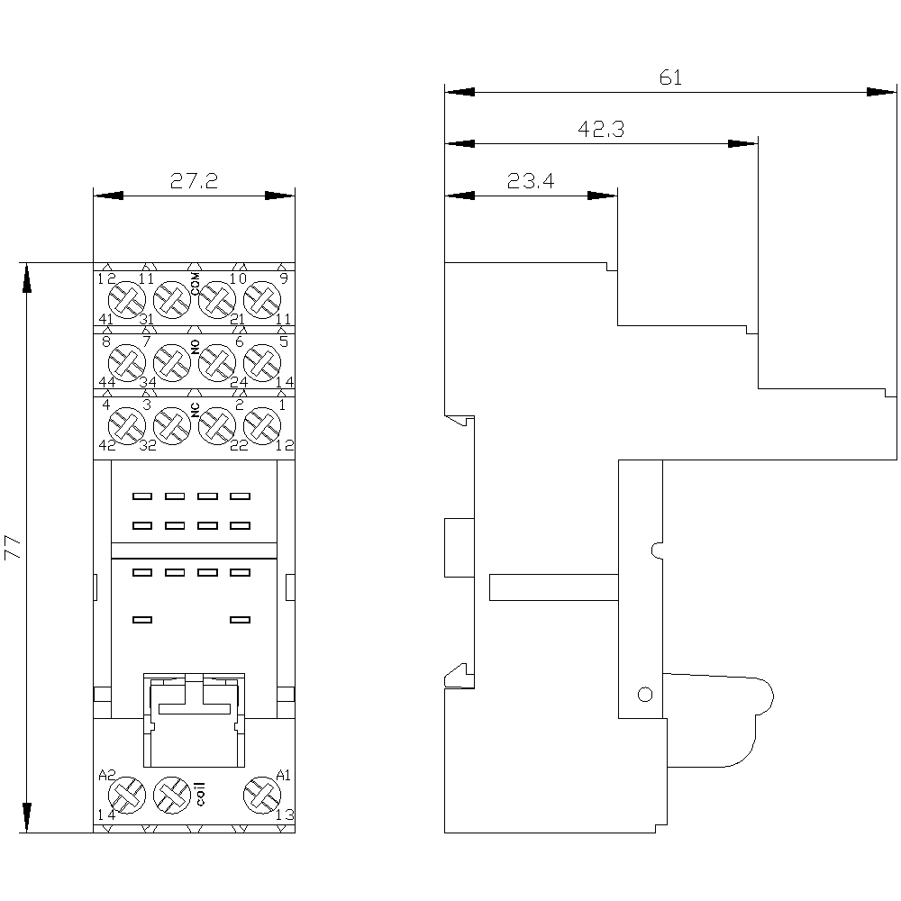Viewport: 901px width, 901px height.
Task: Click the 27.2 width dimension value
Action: click(x=195, y=181)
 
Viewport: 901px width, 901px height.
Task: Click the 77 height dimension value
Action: click(x=13, y=548)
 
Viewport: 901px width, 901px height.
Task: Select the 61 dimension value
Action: click(x=670, y=77)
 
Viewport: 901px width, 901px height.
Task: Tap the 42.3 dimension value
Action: click(x=601, y=129)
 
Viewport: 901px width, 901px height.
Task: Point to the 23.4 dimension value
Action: click(x=531, y=181)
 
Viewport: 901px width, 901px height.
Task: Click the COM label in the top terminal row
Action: click(x=196, y=284)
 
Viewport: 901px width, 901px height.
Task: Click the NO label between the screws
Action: click(x=196, y=347)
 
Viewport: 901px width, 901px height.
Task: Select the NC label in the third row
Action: click(x=196, y=410)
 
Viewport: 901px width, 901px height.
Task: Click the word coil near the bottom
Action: click(x=200, y=794)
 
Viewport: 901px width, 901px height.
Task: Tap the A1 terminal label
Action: click(x=284, y=775)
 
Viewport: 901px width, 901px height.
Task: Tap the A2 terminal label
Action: click(x=107, y=775)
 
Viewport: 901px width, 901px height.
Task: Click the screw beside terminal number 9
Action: click(x=262, y=300)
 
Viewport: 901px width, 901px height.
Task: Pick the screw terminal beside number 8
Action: click(x=127, y=363)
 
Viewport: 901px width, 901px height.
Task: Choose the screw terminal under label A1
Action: click(x=262, y=796)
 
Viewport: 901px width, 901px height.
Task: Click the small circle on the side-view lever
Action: click(x=645, y=695)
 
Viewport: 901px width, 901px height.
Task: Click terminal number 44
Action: click(x=107, y=382)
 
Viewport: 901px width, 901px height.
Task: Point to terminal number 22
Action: click(x=239, y=445)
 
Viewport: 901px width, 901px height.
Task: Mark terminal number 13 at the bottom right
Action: click(x=285, y=815)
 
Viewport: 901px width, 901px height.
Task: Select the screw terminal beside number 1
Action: click(x=262, y=426)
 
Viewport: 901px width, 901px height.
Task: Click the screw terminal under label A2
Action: click(x=127, y=796)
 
